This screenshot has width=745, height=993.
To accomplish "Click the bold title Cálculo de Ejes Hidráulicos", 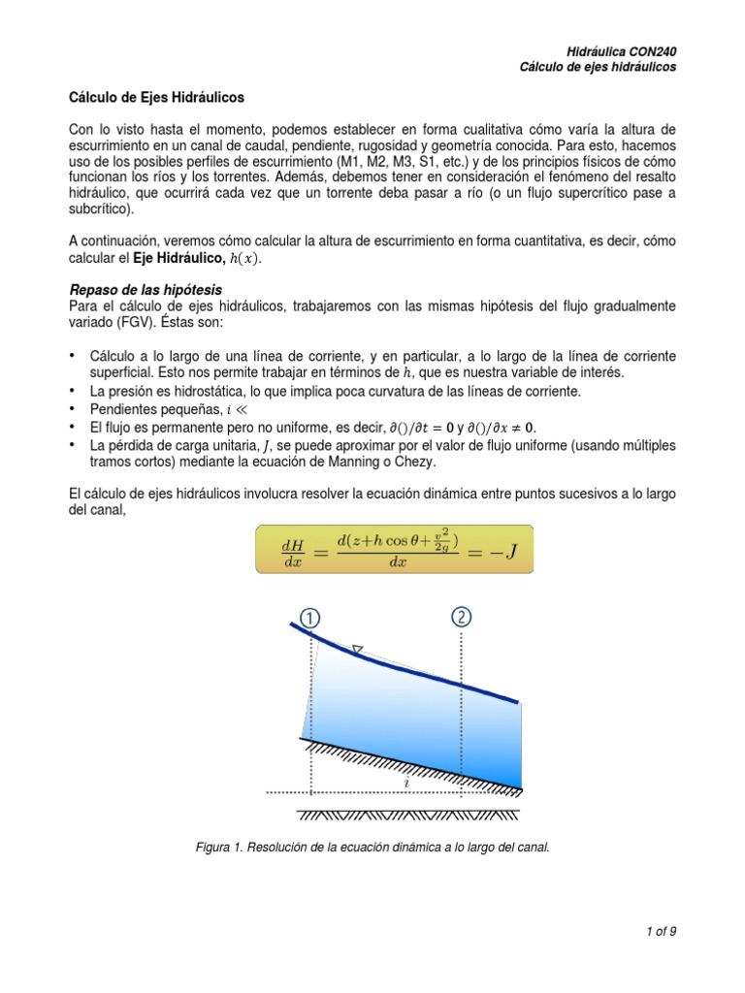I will click(156, 98).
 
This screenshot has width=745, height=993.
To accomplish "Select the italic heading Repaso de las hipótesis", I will click(145, 290).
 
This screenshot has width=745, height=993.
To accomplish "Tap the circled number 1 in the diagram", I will click(311, 617).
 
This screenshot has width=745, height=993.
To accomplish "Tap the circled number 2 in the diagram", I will click(461, 617).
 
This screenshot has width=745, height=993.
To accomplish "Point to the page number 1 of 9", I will click(660, 932).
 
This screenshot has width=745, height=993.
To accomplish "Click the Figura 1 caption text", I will click(372, 847).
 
